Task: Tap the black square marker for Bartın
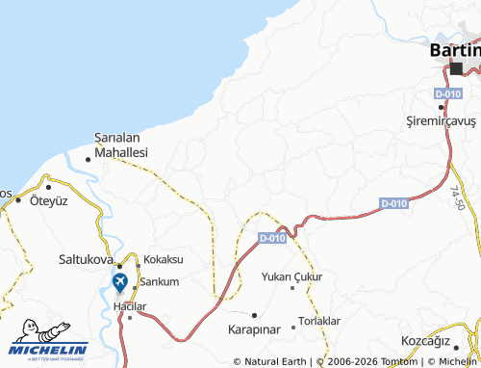[x=456, y=67]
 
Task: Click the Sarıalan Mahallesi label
[x=120, y=145]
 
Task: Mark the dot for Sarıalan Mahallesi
[x=89, y=159]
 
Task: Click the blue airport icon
[x=119, y=282]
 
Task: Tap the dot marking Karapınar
[x=254, y=315]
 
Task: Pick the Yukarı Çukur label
[x=292, y=276]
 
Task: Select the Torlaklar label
[x=319, y=320]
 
